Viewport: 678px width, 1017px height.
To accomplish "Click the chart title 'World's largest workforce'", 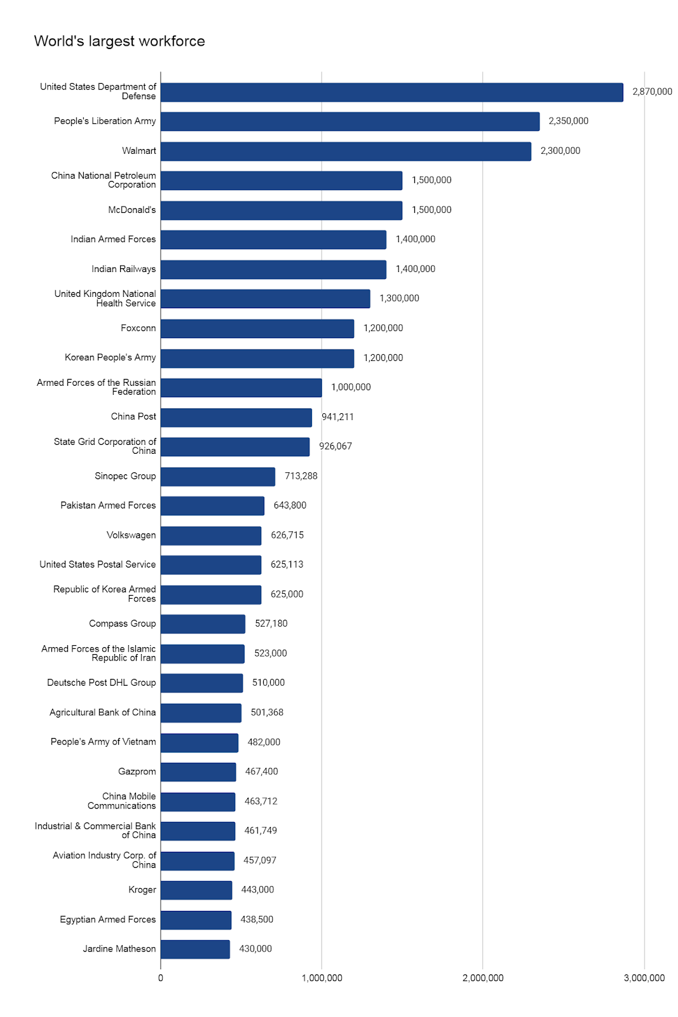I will pyautogui.click(x=119, y=41).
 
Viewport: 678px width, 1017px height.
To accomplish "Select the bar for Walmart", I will pyautogui.click(x=346, y=151).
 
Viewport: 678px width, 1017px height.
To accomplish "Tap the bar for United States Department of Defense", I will pyautogui.click(x=391, y=92).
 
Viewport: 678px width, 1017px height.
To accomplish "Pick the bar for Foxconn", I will pyautogui.click(x=257, y=329).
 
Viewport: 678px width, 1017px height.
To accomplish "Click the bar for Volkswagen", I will pyautogui.click(x=211, y=536).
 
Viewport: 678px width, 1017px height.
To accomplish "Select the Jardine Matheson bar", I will pyautogui.click(x=195, y=950).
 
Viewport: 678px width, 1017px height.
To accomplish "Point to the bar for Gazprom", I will pyautogui.click(x=198, y=772).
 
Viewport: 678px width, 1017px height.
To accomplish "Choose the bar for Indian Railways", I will pyautogui.click(x=273, y=270).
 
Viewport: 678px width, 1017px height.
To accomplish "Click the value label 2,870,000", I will pyautogui.click(x=652, y=92).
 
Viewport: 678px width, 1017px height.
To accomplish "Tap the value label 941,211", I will pyautogui.click(x=337, y=417).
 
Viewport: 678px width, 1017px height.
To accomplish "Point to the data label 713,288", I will pyautogui.click(x=301, y=476).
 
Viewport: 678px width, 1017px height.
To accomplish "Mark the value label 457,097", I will pyautogui.click(x=260, y=861).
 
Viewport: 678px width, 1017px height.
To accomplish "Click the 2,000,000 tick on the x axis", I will pyautogui.click(x=483, y=978).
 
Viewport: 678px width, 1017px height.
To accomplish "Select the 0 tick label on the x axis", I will pyautogui.click(x=161, y=978).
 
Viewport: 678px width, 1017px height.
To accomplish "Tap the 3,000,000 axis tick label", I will pyautogui.click(x=644, y=978).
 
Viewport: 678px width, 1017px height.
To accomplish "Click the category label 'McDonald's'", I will pyautogui.click(x=132, y=210).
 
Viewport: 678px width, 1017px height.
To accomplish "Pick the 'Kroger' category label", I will pyautogui.click(x=142, y=890).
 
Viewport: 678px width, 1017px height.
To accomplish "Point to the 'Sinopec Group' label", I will pyautogui.click(x=125, y=476).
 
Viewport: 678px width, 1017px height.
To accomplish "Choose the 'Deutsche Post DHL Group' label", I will pyautogui.click(x=102, y=683).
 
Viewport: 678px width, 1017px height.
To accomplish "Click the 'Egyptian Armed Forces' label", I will pyautogui.click(x=108, y=920).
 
